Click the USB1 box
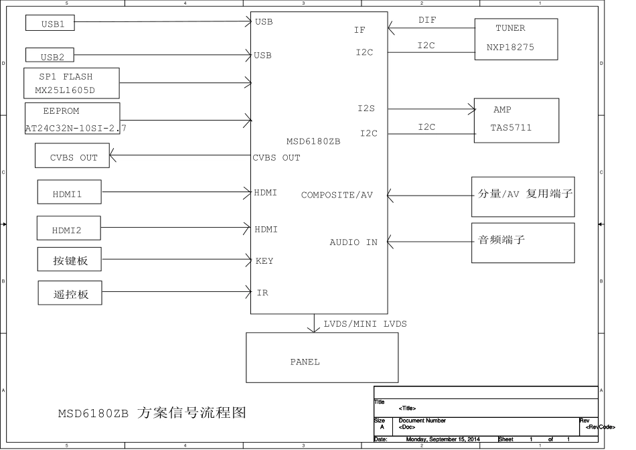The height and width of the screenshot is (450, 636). [50, 23]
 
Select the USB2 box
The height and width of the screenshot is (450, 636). [50, 56]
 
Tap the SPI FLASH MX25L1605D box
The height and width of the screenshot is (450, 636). [72, 83]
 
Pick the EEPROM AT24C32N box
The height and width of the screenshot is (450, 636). [72, 119]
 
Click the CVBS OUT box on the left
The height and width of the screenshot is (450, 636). [72, 157]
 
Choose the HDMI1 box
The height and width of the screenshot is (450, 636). [69, 194]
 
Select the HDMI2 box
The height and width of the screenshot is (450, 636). [68, 229]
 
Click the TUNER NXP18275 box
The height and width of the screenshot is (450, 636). [515, 38]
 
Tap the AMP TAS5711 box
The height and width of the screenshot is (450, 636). [515, 120]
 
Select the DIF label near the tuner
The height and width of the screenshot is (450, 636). [427, 20]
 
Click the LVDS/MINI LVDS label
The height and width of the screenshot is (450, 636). [365, 324]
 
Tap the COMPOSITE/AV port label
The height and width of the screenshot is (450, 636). [337, 195]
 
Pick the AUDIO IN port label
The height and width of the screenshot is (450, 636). [353, 242]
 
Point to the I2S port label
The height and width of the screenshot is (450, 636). [367, 107]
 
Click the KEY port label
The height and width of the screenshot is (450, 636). [264, 260]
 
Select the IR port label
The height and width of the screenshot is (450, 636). [262, 293]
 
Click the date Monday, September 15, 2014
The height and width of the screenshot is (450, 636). [443, 439]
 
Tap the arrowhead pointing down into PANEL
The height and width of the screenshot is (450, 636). [314, 328]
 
